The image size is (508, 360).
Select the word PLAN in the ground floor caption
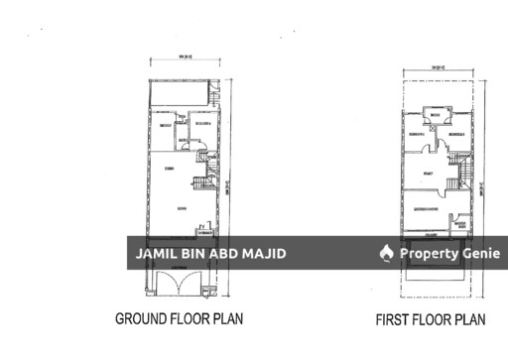226,319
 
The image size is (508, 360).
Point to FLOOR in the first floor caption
436,320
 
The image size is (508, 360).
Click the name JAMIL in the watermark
154,254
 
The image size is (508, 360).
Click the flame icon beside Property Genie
387,254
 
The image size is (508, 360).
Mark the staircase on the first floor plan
460,171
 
